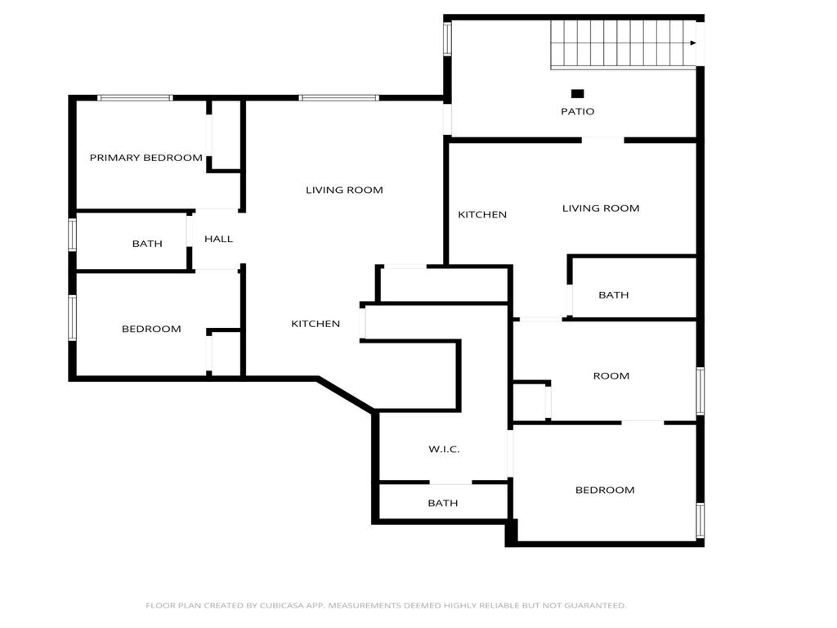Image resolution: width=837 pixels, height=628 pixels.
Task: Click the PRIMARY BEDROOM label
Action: pos(145,158)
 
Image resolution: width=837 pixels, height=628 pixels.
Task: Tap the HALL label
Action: pos(218,239)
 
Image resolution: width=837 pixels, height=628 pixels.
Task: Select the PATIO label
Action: pos(577,111)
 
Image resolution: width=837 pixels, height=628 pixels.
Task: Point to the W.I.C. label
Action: pos(444,450)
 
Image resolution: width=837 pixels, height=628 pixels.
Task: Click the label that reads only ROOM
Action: pos(611,376)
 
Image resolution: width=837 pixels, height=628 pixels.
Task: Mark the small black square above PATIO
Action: pos(577,94)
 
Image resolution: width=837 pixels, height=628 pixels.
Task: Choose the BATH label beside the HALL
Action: pos(147,244)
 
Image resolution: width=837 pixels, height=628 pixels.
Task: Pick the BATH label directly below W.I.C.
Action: pos(443,504)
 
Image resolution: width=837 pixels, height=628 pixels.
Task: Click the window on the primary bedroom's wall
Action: pos(135,98)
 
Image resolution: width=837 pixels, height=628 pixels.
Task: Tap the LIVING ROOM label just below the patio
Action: pos(600,209)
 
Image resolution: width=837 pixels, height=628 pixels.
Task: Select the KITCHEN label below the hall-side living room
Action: pos(316,324)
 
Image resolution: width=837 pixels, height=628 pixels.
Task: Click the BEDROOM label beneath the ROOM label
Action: pos(605,491)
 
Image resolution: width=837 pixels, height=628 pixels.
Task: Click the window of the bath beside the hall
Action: pos(73,235)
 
